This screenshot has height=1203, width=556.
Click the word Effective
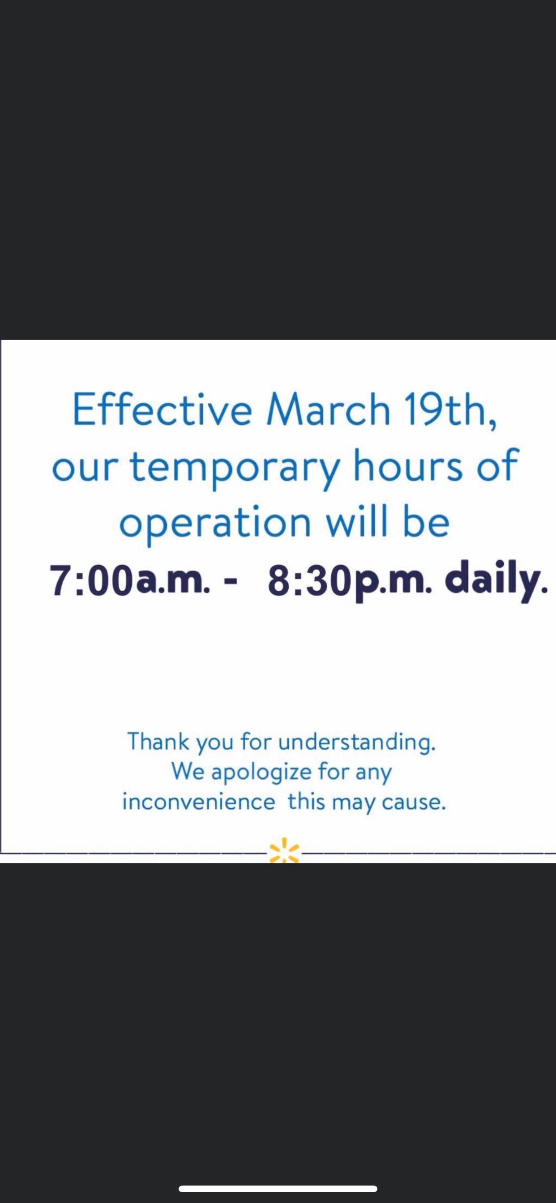(162, 409)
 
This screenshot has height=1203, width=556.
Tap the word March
(328, 410)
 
